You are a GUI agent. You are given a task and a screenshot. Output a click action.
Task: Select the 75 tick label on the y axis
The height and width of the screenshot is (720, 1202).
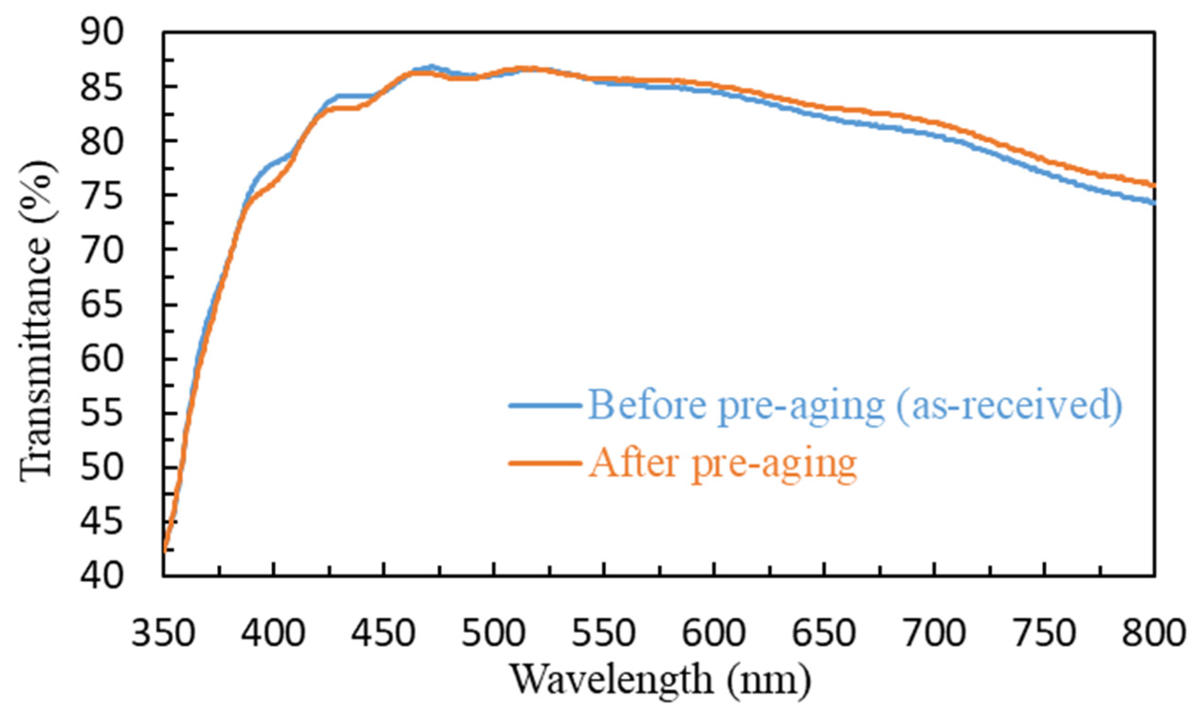coord(102,196)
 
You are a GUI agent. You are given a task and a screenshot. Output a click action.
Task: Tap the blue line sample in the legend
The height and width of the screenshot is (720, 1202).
coord(545,405)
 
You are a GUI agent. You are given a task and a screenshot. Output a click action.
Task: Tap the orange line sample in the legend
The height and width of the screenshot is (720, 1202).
coord(545,462)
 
